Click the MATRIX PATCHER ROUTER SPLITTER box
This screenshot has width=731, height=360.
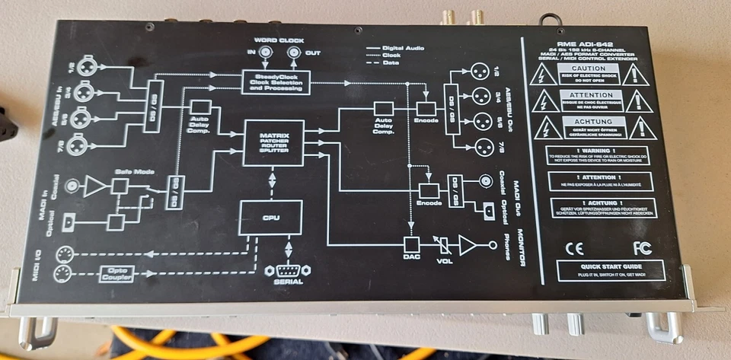[x=273, y=142]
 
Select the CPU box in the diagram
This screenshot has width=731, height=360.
[x=271, y=218]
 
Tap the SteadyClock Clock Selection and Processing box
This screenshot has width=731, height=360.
[x=276, y=81]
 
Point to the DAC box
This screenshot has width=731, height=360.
[x=412, y=245]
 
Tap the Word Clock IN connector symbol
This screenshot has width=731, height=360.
[x=264, y=53]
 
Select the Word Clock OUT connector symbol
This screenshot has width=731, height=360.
[x=294, y=53]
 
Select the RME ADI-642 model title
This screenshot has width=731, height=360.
[x=586, y=45]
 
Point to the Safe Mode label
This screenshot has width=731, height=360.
[x=129, y=172]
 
